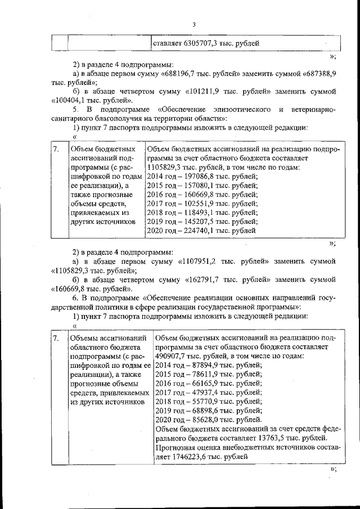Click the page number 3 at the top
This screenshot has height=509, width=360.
[193, 24]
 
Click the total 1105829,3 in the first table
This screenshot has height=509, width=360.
[164, 168]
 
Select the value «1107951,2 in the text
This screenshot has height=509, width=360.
[202, 262]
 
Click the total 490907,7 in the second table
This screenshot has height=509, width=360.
[171, 357]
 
